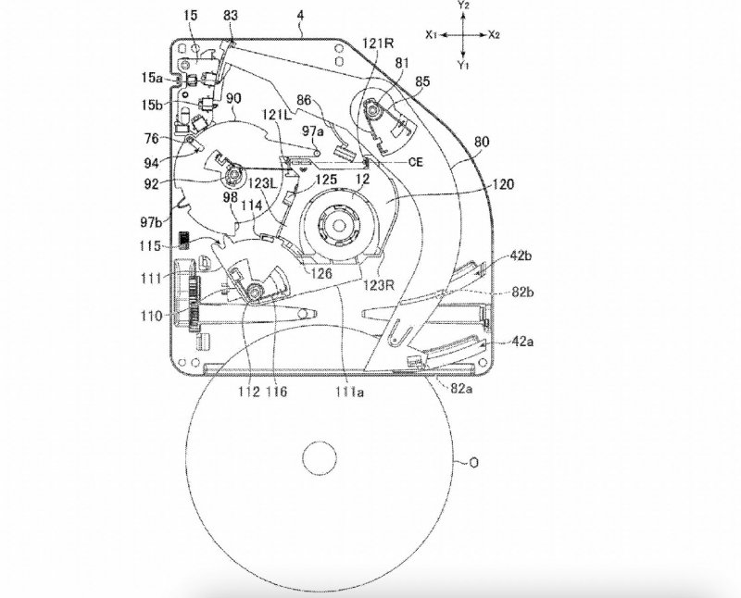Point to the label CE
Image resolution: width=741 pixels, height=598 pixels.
point(418,159)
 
